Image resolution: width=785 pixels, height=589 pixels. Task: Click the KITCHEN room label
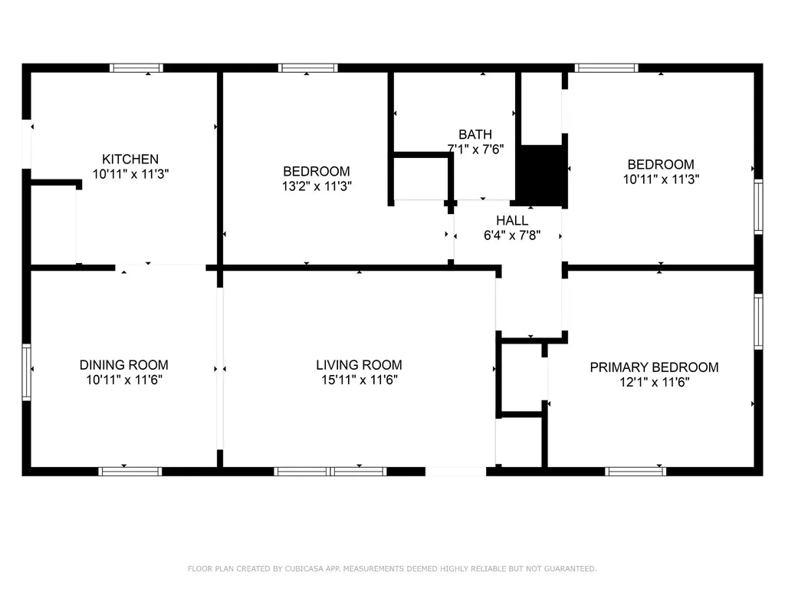point(130,160)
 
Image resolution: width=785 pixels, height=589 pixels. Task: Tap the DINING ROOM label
point(123,365)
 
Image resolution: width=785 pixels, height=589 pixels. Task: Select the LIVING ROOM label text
point(359,365)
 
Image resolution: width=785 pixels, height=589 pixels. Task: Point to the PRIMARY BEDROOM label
point(654,367)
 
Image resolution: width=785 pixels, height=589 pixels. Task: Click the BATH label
point(475,135)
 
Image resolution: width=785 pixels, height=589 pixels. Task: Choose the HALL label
point(511,220)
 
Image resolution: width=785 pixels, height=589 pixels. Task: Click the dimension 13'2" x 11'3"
point(317,186)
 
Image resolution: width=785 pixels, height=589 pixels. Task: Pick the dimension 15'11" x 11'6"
point(359,380)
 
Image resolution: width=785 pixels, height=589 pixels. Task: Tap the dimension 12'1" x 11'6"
point(655,382)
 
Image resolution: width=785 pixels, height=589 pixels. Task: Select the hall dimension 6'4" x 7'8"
point(511,235)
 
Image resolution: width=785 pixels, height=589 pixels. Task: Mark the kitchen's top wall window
point(136,68)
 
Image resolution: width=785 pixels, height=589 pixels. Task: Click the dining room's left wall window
point(27,372)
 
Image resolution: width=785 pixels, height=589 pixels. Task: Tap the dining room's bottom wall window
point(130,472)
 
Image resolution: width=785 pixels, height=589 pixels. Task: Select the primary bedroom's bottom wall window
point(636,472)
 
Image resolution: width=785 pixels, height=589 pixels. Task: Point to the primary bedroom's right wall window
point(758,321)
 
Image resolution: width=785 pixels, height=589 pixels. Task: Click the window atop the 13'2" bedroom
point(308,68)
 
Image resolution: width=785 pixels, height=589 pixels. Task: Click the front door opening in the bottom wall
point(455,472)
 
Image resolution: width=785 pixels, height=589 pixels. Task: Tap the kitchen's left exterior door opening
point(27,144)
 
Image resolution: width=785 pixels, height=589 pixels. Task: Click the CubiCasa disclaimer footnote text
point(392,568)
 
